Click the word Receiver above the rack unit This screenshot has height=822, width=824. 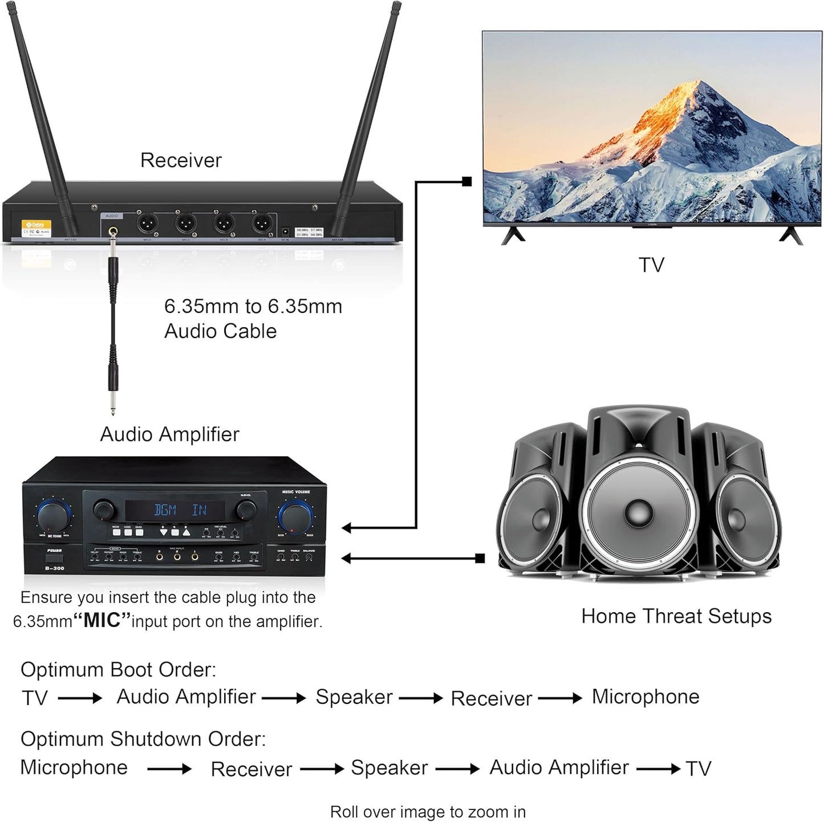[x=181, y=160]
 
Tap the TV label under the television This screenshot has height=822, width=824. [x=651, y=265]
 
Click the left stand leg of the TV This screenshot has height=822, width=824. [x=512, y=235]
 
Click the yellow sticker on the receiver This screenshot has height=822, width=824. [x=36, y=228]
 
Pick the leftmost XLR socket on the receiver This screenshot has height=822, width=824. [x=147, y=222]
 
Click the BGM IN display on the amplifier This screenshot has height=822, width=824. [x=181, y=510]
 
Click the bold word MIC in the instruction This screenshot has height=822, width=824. [x=103, y=621]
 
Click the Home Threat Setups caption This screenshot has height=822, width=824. [x=676, y=616]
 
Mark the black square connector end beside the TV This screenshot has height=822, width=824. [x=467, y=182]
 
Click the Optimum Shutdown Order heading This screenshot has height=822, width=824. [x=143, y=739]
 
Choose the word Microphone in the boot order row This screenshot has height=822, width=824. [x=646, y=697]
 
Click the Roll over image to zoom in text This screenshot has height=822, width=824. [x=428, y=811]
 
